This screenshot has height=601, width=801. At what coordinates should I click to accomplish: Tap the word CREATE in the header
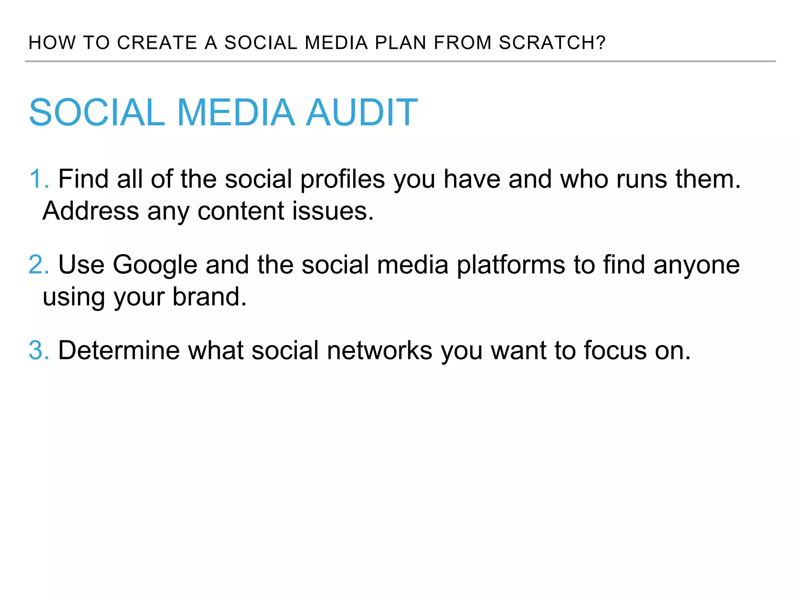pyautogui.click(x=157, y=43)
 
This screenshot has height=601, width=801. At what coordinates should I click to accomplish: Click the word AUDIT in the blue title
pyautogui.click(x=361, y=113)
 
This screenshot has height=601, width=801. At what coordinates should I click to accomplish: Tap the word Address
pyautogui.click(x=90, y=211)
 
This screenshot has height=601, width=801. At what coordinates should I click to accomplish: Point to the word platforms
pyautogui.click(x=511, y=265)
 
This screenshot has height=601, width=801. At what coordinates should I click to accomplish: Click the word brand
pyautogui.click(x=210, y=297)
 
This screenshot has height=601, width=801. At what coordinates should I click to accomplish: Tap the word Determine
pyautogui.click(x=119, y=350)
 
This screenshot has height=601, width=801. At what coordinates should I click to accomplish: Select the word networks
pyautogui.click(x=379, y=350)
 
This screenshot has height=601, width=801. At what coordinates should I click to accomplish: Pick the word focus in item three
pyautogui.click(x=615, y=350)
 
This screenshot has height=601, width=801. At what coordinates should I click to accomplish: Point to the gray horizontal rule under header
pyautogui.click(x=400, y=61)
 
